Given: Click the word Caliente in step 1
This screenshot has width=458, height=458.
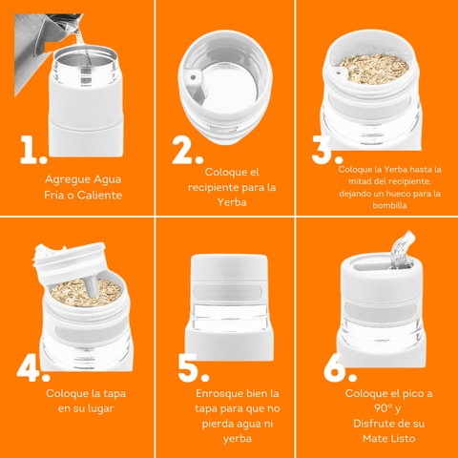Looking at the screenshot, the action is point(99,195).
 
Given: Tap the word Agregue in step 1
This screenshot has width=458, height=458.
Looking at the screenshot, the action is point(65,180).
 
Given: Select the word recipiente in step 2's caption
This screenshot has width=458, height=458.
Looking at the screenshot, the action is point(213,188).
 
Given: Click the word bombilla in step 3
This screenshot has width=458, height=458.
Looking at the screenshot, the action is point(389,205).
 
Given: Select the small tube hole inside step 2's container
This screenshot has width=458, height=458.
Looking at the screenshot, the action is point(193,77).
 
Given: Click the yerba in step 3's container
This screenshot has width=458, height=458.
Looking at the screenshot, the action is point(375,69).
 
